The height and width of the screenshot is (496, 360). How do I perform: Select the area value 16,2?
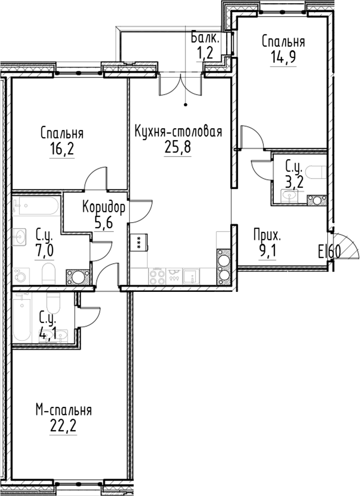pyautogui.click(x=62, y=149)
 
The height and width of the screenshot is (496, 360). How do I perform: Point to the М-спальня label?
pyautogui.click(x=64, y=410)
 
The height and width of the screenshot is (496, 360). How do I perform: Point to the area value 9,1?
pyautogui.click(x=268, y=250)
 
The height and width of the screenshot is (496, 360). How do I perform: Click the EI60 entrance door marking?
pyautogui.click(x=329, y=253)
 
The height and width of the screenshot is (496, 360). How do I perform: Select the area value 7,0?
pyautogui.click(x=44, y=250)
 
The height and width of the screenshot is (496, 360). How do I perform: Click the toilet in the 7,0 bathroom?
pyautogui.click(x=48, y=273)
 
